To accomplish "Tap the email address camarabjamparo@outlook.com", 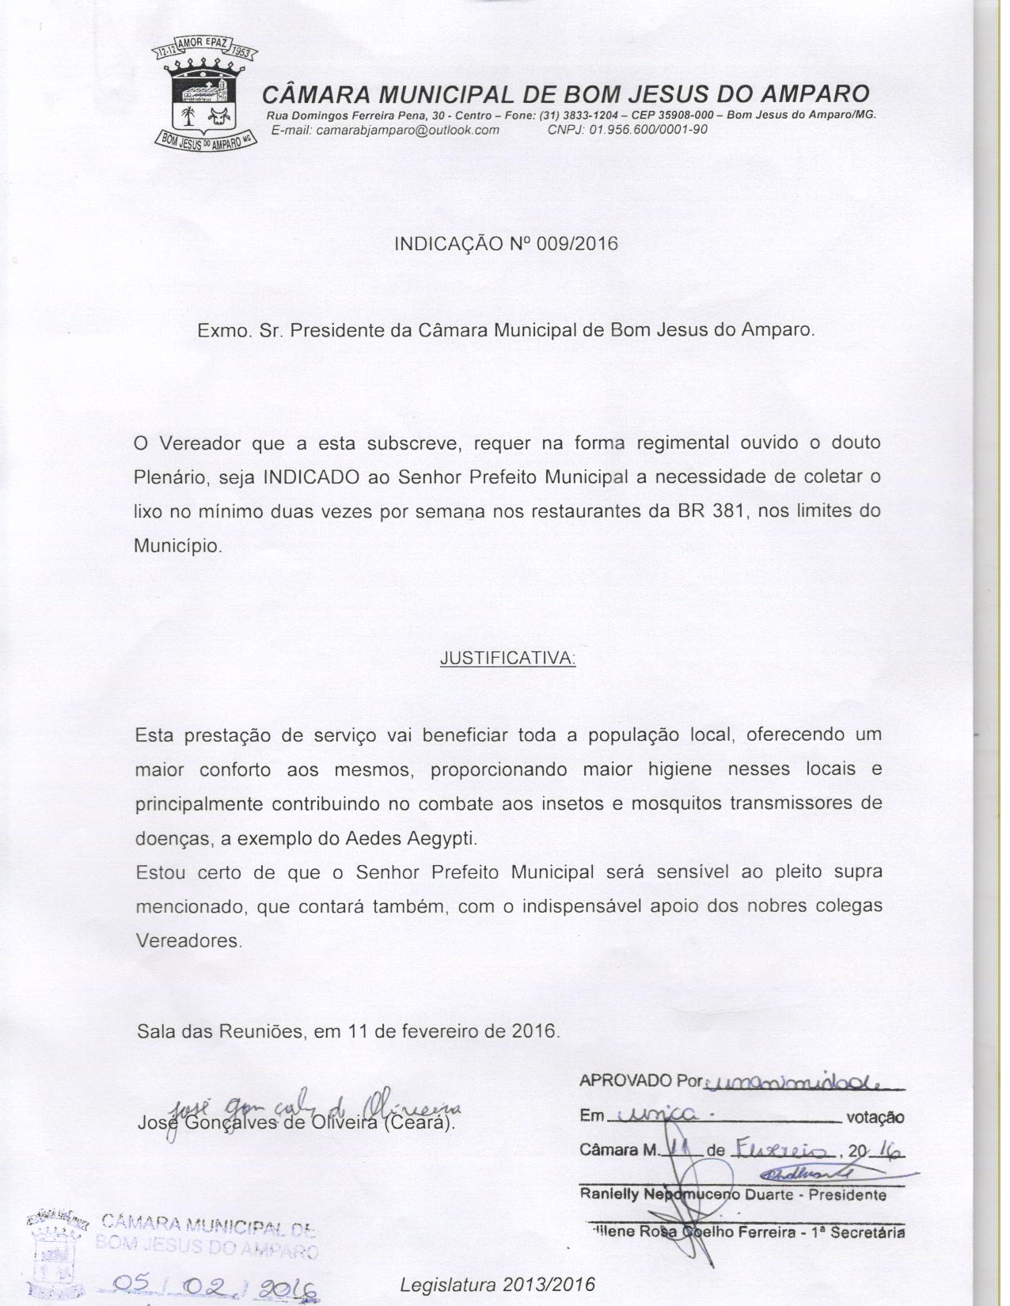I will (x=408, y=131).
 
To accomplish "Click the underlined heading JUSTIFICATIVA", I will (x=507, y=659).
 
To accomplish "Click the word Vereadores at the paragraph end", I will (x=188, y=941).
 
